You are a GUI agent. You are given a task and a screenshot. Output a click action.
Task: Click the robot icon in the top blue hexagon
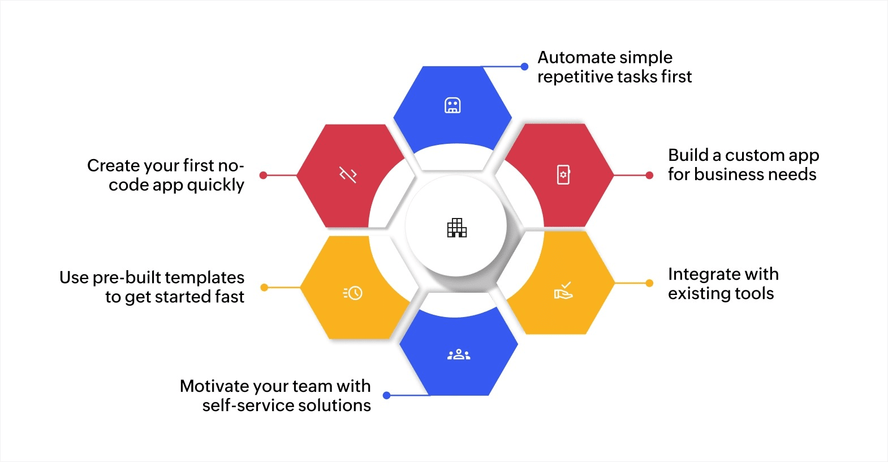tap(452, 105)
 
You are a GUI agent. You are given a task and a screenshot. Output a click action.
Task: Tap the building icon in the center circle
tap(456, 228)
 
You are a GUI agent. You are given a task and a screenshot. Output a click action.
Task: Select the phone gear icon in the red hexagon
tap(563, 174)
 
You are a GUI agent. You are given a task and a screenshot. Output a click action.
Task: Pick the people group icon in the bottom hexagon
tap(459, 355)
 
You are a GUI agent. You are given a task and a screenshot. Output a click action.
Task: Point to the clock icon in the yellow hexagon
tap(353, 293)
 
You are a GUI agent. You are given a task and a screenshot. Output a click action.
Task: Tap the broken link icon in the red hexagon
tap(348, 175)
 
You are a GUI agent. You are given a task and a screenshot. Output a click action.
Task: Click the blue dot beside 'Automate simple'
tap(524, 67)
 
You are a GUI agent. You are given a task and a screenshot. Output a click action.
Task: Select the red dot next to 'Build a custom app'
tap(649, 176)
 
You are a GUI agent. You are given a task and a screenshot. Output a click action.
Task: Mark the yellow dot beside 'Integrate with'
tap(649, 283)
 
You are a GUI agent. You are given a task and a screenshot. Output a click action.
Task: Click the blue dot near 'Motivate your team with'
tap(387, 395)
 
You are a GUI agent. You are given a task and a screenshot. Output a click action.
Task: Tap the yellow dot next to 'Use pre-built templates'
tap(264, 288)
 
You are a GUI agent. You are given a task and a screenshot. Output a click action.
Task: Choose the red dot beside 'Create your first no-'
tap(263, 176)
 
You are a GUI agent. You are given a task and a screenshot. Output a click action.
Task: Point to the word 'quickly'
tap(215, 185)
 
